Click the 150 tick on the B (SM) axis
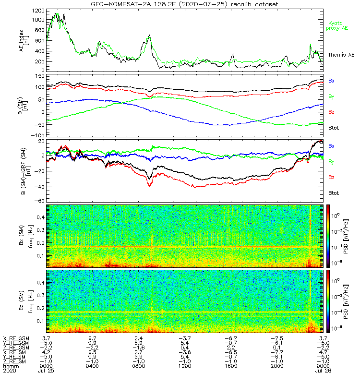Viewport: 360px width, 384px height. (x=39, y=76)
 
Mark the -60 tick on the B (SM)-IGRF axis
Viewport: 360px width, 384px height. (x=39, y=201)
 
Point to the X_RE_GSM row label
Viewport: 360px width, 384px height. (x=16, y=338)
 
